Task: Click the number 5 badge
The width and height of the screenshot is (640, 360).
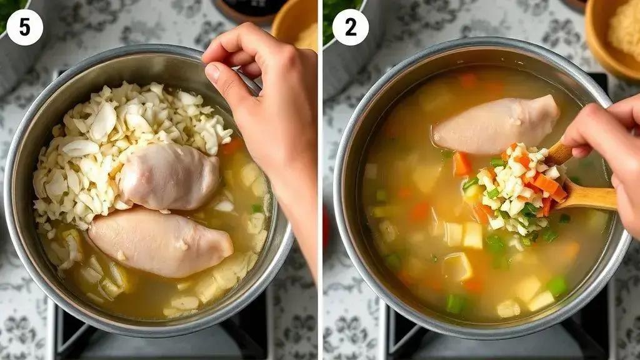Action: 24,27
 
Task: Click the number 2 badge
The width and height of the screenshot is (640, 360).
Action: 350,27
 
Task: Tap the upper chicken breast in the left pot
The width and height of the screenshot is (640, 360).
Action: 169,176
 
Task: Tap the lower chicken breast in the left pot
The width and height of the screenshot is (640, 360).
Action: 160,242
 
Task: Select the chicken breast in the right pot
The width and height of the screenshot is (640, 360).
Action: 496,124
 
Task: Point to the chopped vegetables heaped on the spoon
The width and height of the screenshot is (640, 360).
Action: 514,190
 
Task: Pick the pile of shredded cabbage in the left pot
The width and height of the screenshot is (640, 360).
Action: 122,147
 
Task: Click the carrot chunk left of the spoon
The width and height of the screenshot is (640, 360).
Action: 462,164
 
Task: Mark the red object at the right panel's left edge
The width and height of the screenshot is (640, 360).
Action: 326,229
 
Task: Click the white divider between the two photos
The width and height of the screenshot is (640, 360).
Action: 321,180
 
